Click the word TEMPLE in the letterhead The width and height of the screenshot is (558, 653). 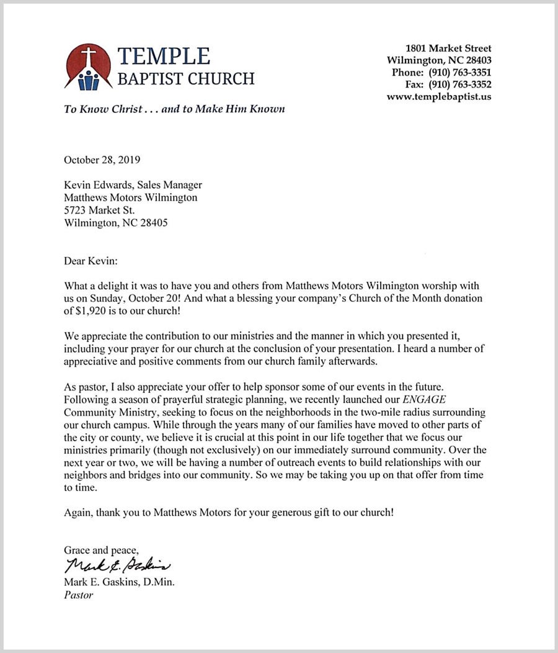[164, 56]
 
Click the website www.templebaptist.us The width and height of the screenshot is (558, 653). [439, 97]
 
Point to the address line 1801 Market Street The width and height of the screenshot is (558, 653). [448, 48]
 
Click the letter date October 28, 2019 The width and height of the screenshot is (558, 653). [102, 160]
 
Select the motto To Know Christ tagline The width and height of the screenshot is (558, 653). [174, 109]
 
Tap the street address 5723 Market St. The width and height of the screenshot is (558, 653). [99, 210]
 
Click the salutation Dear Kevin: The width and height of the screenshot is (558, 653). [91, 261]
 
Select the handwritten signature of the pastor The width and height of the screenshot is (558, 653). [117, 565]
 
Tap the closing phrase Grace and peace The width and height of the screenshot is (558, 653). [101, 550]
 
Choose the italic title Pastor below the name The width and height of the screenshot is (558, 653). [79, 595]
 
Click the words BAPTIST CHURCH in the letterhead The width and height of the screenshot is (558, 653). [186, 79]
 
